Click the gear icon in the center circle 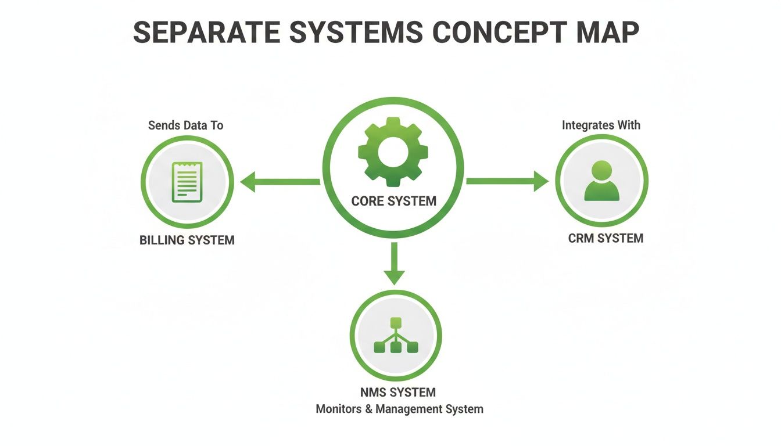point(393,152)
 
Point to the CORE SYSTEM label point(393,201)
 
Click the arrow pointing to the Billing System point(279,182)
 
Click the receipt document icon point(187,182)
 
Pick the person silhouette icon point(601,181)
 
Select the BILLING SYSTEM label point(187,240)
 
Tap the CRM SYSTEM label point(606,238)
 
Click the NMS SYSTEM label point(398,393)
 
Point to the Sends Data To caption point(185,125)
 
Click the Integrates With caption point(601,125)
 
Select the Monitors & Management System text point(399,409)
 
